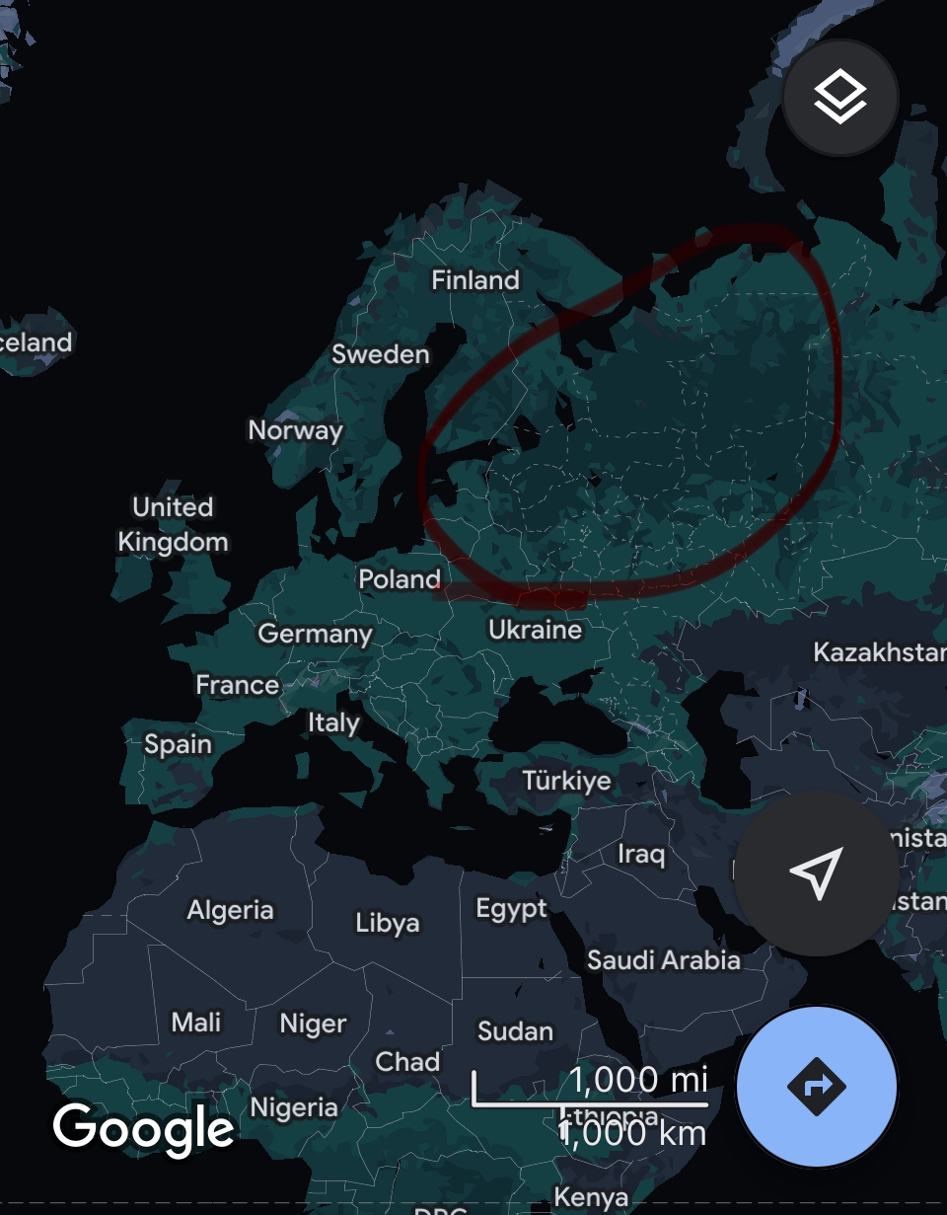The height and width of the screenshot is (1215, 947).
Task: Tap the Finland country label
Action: (475, 280)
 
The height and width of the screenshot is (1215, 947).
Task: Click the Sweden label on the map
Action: (380, 354)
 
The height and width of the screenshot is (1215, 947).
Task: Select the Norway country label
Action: (295, 430)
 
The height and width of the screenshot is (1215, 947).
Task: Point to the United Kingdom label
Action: (173, 524)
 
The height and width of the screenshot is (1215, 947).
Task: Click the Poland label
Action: (399, 578)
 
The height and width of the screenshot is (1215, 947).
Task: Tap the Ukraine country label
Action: (535, 629)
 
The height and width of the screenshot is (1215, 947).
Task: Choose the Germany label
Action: (315, 633)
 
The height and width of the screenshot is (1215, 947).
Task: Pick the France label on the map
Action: (237, 684)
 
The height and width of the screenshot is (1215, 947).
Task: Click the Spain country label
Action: (178, 743)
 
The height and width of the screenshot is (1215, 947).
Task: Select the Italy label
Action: (333, 722)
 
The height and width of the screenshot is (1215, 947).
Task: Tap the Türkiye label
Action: (566, 781)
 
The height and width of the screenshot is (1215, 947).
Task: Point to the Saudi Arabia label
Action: (663, 959)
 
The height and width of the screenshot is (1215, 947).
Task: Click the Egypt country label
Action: (511, 908)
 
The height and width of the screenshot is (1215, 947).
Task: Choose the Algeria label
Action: (230, 910)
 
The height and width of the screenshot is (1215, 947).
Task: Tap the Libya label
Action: (388, 923)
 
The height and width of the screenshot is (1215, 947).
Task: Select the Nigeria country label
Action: (294, 1107)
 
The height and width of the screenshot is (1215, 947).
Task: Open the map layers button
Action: (840, 97)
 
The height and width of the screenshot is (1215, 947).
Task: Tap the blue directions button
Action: (817, 1087)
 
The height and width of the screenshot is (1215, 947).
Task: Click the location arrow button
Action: (817, 873)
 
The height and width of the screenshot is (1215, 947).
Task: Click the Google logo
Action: (144, 1127)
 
